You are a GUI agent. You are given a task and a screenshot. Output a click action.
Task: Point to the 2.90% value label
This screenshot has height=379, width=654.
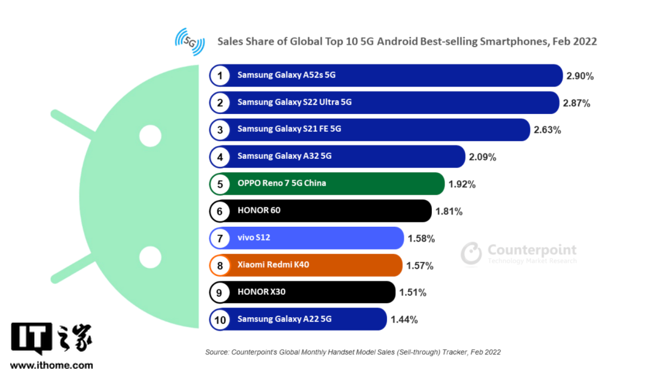pos(580,76)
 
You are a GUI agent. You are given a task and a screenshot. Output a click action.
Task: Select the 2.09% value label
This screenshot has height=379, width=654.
pos(482,157)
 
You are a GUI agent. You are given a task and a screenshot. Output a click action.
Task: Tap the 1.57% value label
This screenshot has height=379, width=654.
pos(421,266)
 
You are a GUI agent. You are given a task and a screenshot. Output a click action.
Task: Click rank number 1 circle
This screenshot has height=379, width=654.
pos(220,76)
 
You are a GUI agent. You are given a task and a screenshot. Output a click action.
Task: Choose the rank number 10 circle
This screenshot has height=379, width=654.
pos(220,319)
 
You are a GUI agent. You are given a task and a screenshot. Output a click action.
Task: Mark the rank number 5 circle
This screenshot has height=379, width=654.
pos(220,183)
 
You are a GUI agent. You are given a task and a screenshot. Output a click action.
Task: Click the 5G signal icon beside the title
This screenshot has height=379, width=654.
pos(189,41)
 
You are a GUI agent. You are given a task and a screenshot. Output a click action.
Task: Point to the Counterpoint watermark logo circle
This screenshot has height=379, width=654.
pos(471,253)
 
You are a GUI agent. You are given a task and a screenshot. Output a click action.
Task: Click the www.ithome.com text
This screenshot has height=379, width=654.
pos(51,365)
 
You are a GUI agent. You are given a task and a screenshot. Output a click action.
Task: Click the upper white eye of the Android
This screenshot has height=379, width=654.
pos(150,136)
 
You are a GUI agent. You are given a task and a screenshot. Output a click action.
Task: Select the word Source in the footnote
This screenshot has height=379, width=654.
pos(216,352)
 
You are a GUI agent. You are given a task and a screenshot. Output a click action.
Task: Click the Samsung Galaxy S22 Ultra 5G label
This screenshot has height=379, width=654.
pos(294,102)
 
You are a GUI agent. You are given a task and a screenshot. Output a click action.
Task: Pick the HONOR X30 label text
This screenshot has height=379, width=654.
pos(261,292)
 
